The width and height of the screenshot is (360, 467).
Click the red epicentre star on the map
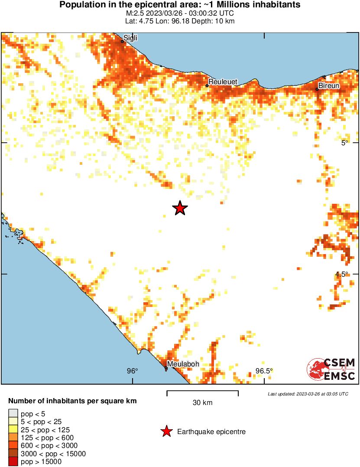pyautogui.click(x=180, y=209)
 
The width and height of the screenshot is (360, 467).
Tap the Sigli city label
pyautogui.click(x=130, y=38)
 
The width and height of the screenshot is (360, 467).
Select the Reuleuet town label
pyautogui.click(x=222, y=82)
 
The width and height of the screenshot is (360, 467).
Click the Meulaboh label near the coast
pyautogui.click(x=183, y=364)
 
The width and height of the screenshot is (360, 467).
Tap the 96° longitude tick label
pyautogui.click(x=132, y=371)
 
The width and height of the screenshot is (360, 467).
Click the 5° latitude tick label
pyautogui.click(x=344, y=143)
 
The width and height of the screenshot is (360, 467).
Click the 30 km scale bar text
pyautogui.click(x=202, y=403)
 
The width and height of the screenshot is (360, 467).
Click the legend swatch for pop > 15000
pyautogui.click(x=13, y=461)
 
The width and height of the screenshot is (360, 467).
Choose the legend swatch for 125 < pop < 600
pyautogui.click(x=13, y=438)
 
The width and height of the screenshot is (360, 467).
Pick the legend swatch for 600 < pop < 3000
pyautogui.click(x=13, y=445)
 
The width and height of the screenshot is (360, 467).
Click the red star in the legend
pyautogui.click(x=166, y=431)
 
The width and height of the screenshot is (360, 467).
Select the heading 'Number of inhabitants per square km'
pyautogui.click(x=72, y=401)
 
